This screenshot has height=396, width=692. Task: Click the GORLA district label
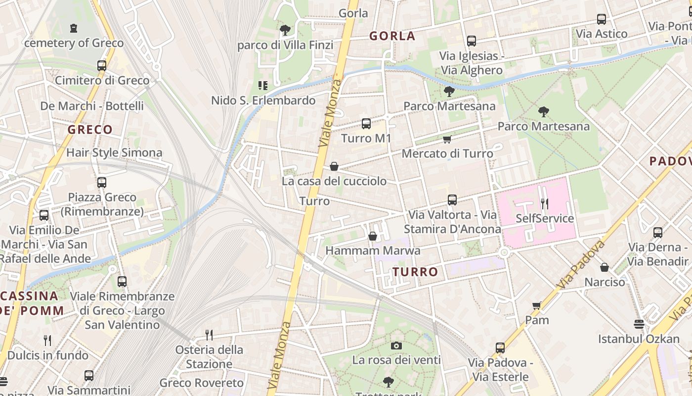coord(392,36)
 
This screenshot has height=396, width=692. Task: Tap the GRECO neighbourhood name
coord(90,130)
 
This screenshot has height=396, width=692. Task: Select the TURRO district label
coord(415,272)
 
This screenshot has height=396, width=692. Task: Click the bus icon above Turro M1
coord(366,124)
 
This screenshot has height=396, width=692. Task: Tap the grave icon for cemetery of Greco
coord(74,28)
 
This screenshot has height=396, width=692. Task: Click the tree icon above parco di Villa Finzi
coord(285,30)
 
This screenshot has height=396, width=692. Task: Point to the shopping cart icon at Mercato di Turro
coord(447,140)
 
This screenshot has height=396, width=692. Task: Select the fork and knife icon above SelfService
coord(544,203)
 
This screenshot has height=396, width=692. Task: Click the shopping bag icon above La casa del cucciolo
coord(334,166)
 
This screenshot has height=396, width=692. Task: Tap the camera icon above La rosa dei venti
coord(396,346)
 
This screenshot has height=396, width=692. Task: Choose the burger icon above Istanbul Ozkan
coord(639,324)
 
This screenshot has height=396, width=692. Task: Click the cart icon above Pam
coord(537,305)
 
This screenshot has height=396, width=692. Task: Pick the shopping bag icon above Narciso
coord(605,267)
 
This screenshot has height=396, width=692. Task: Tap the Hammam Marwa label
coord(373,250)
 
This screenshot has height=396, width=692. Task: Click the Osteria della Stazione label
coord(209,357)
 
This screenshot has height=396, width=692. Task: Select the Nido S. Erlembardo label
coord(263,100)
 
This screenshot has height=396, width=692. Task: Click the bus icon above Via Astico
coord(602,19)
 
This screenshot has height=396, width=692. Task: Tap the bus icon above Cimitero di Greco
coord(102,66)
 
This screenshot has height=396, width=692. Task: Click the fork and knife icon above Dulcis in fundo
coord(47,340)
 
